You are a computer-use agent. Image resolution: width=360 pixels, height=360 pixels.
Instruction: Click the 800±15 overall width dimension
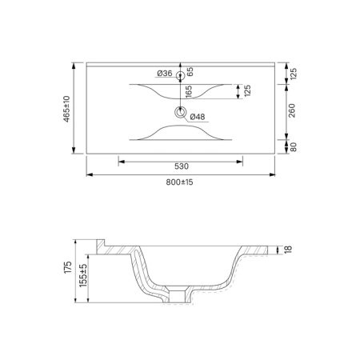click(x=179, y=182)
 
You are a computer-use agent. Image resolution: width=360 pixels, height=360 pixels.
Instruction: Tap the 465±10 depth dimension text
click(x=66, y=109)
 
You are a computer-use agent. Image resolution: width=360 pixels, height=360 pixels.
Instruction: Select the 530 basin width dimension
click(x=182, y=166)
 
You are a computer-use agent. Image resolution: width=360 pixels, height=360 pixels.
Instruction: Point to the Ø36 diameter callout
click(x=165, y=73)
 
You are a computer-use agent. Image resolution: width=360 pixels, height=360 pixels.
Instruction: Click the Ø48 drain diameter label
click(x=198, y=117)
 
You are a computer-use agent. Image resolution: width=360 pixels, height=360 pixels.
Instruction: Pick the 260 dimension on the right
click(x=292, y=110)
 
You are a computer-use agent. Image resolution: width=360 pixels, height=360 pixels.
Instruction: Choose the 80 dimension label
click(x=293, y=147)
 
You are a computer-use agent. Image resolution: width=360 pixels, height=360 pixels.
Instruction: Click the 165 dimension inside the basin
click(x=189, y=92)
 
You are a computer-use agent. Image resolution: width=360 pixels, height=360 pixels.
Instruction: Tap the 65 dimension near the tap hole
click(x=190, y=72)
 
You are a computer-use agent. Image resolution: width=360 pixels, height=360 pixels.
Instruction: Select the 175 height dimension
click(x=68, y=267)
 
